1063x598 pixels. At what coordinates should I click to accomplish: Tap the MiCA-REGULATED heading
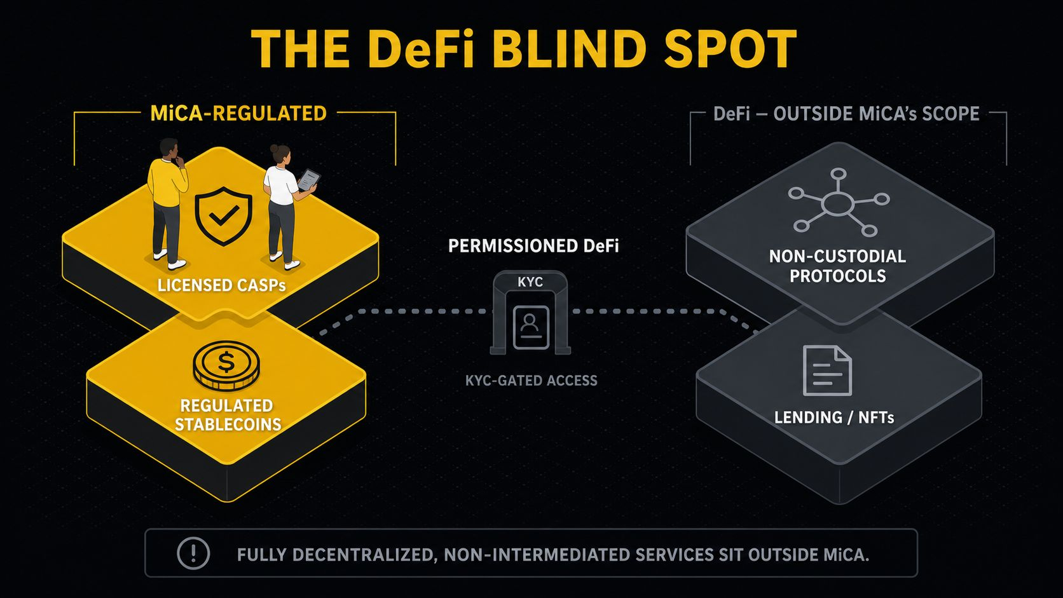coord(238,114)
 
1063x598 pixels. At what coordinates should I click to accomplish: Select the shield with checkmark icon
coord(224,216)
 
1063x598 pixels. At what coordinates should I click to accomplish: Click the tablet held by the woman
coord(309,180)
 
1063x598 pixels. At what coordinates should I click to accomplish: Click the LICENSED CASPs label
coord(222,285)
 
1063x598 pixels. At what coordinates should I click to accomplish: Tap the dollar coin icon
coord(226,365)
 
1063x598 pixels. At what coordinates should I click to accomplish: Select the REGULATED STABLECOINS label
coord(228,415)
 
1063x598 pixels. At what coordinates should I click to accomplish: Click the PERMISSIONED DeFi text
coord(533,246)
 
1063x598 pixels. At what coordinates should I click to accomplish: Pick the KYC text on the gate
coord(530,282)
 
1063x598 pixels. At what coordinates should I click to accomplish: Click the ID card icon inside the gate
coord(531,328)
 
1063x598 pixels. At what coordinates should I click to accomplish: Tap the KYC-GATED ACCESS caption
coord(531,380)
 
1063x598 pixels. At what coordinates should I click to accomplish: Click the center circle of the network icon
coord(837,204)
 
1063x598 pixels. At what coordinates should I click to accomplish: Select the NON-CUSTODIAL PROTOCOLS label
coord(837,266)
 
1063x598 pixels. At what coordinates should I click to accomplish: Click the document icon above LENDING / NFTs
coord(827,370)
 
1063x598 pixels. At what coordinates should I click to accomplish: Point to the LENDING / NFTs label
coord(833,418)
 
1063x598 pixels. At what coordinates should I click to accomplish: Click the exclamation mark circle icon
coord(193,553)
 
